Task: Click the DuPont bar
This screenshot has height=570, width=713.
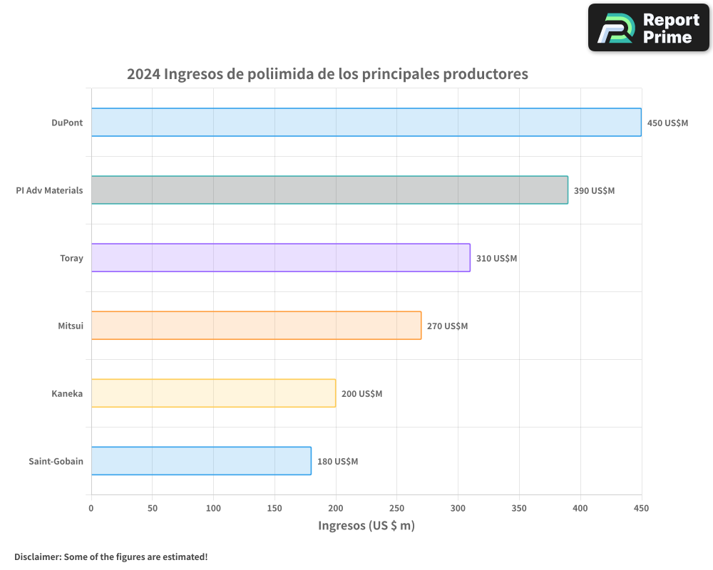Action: point(366,123)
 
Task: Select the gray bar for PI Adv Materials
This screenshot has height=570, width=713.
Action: point(329,190)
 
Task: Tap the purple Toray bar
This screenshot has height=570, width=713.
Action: point(280,258)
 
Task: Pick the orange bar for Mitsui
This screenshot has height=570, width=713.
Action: point(256,326)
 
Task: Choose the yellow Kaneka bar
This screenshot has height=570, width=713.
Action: point(213,393)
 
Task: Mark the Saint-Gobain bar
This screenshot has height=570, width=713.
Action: point(201,461)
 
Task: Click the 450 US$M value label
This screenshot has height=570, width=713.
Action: point(667,123)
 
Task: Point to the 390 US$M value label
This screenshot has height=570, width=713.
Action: point(594,191)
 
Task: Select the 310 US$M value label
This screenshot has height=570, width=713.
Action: point(496,259)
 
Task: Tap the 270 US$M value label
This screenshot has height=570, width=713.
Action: point(447,326)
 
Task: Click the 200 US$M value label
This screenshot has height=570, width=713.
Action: point(361,394)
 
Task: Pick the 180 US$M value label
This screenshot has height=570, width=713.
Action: point(337,462)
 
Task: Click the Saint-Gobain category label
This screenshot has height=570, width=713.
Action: point(56,461)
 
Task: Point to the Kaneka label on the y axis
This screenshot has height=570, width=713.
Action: point(67,393)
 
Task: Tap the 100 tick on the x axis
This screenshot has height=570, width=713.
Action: point(214,508)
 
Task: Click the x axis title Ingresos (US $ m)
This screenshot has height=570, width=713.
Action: point(366,526)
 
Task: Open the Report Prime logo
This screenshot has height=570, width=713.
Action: point(648,28)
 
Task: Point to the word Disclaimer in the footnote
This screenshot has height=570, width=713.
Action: point(37,556)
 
